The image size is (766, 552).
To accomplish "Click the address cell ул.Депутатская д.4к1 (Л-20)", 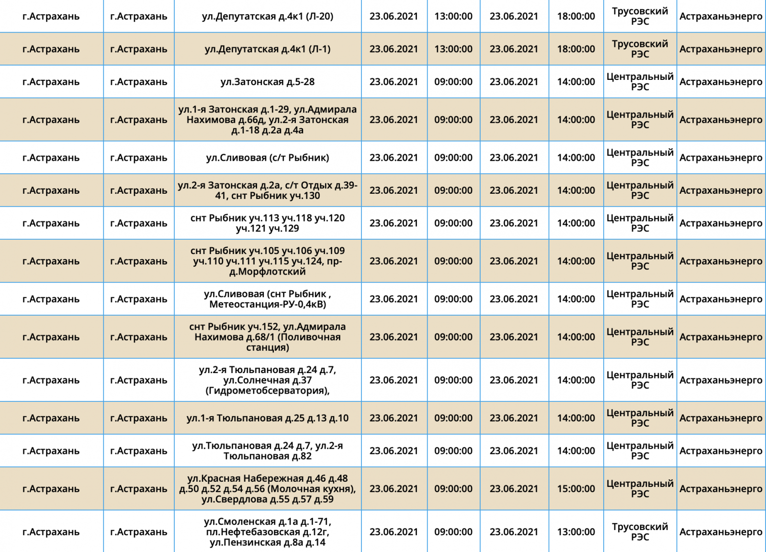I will tap(268, 16).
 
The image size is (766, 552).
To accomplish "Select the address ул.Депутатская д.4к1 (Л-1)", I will tap(268, 49).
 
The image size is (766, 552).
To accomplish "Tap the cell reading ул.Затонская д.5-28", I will tap(268, 82).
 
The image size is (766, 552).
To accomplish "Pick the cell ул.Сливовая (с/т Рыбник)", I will tap(268, 157).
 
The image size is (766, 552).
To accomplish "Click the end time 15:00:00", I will tap(576, 489).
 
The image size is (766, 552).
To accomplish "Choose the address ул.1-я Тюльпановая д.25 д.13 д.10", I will tap(268, 418).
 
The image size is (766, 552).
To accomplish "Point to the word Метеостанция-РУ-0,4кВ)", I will tap(268, 304).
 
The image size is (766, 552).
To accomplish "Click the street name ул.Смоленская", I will tap(234, 521).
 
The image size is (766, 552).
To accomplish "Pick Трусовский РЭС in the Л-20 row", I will tap(640, 16).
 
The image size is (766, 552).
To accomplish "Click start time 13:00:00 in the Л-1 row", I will tap(453, 49).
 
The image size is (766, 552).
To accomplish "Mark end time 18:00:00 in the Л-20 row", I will tap(576, 16).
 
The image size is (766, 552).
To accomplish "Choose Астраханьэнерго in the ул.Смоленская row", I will tap(721, 532).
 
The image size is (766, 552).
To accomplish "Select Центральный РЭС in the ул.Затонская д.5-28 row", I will tap(640, 82).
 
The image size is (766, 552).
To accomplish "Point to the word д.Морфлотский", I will tap(268, 272).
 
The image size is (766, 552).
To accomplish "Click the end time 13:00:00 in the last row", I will tap(576, 532).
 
